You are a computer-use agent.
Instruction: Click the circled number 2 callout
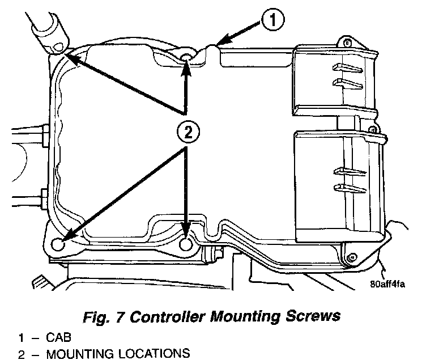188,133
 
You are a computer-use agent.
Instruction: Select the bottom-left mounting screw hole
57,244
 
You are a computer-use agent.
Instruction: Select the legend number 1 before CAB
20,339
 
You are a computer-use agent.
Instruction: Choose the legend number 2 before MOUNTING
20,354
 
